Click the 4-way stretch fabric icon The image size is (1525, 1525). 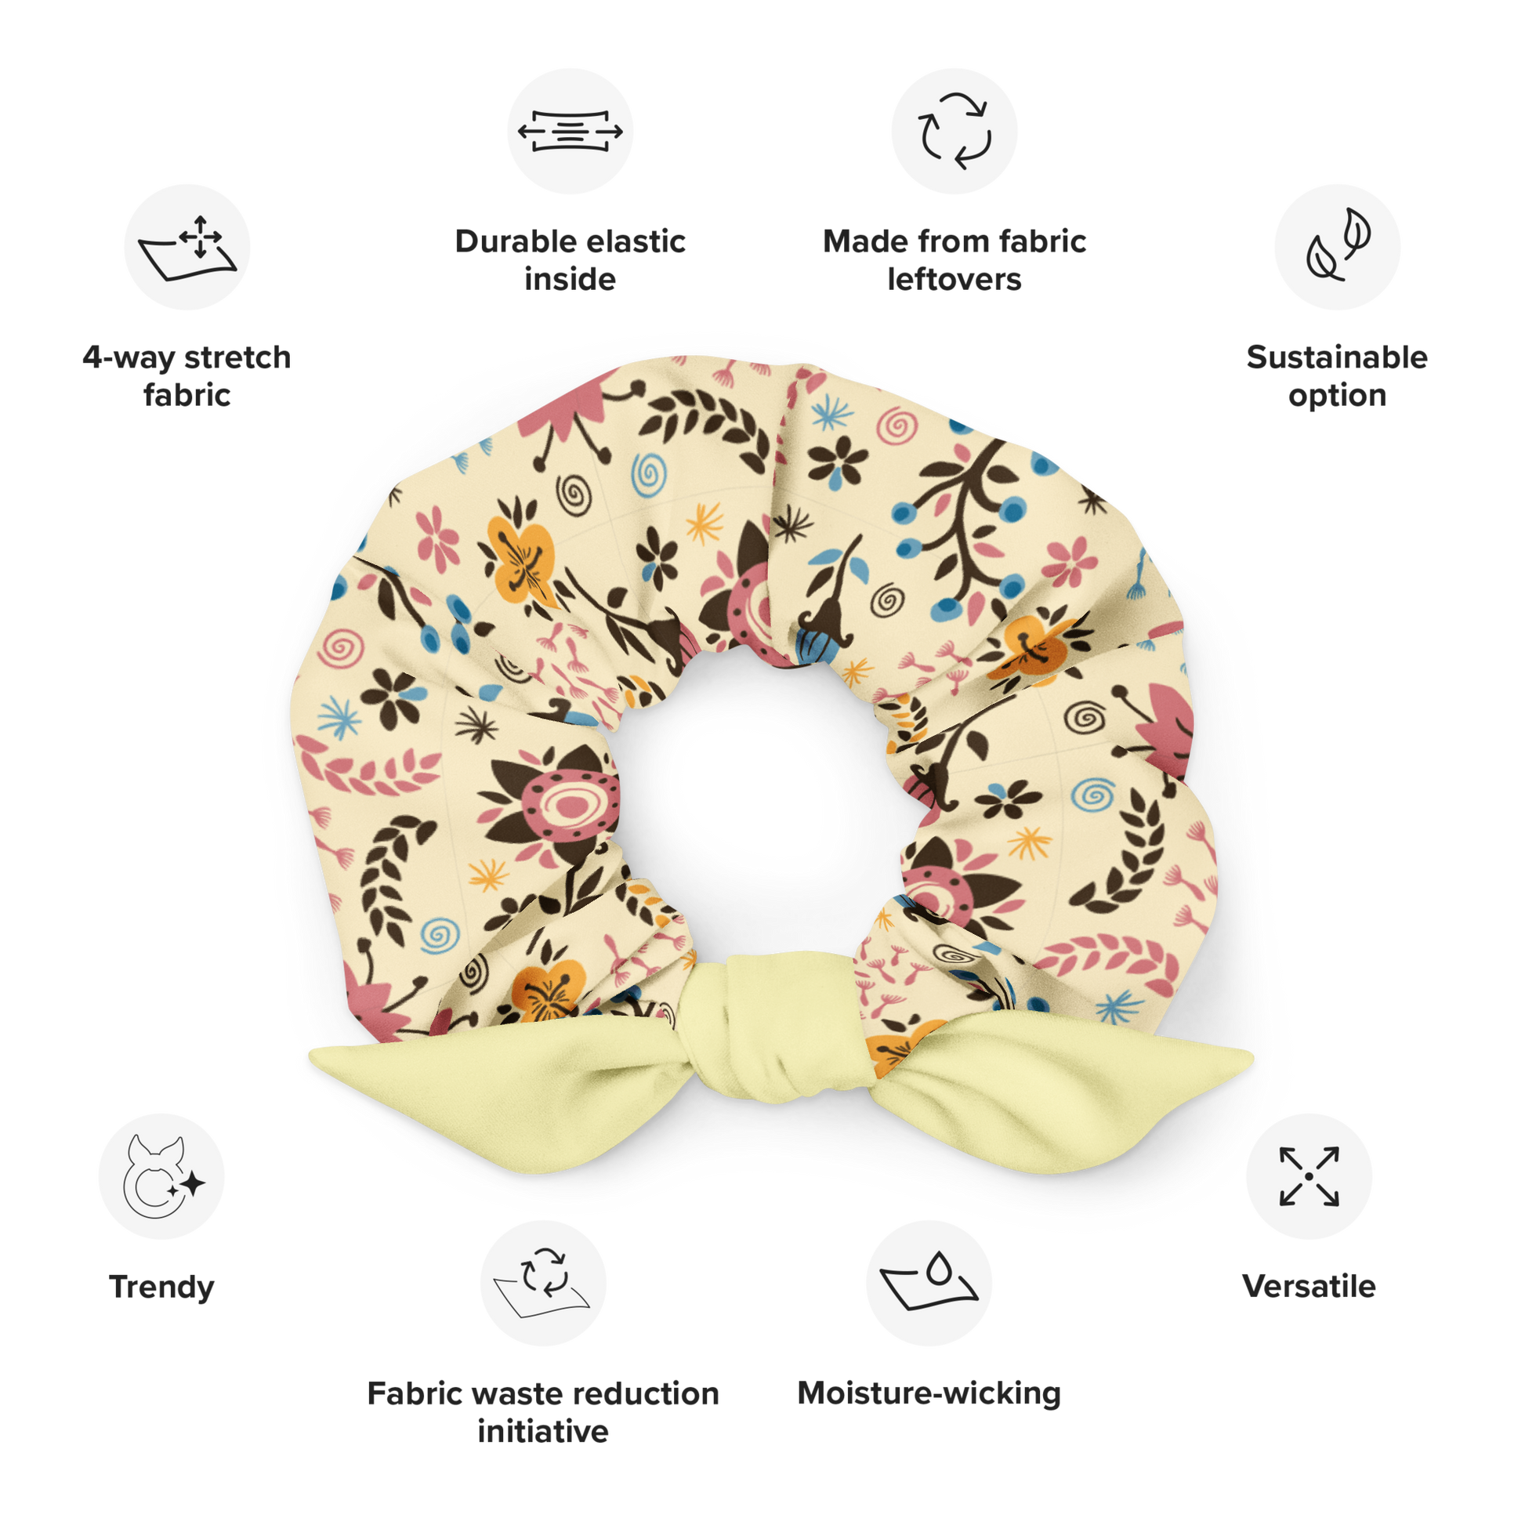click(187, 247)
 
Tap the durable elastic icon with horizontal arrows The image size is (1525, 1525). click(570, 131)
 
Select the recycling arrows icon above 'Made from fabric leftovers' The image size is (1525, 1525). click(954, 131)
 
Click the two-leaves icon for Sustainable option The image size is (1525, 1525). click(1337, 247)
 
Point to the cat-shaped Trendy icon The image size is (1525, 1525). click(161, 1176)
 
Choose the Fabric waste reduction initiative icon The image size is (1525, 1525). click(543, 1283)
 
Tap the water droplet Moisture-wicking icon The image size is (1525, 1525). click(929, 1283)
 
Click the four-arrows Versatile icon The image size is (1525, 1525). click(1309, 1176)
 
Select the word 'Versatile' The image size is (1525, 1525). click(1309, 1287)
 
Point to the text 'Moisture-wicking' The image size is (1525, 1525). click(929, 1394)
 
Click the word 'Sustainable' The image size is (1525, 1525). click(1337, 357)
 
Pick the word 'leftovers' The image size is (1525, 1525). click(954, 280)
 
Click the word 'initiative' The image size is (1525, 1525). click(543, 1431)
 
